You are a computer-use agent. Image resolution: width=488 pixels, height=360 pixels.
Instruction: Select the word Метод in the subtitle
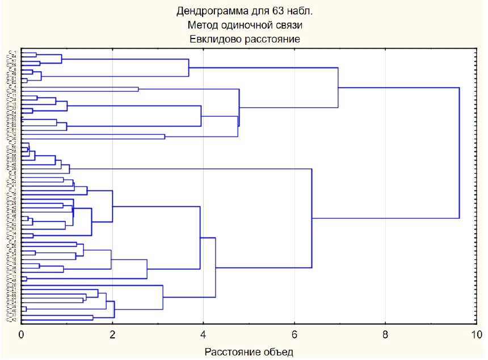point(203,25)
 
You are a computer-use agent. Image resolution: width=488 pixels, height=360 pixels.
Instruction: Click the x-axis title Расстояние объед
point(249,352)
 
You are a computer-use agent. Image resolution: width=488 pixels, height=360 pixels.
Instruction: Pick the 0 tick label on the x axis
point(22,334)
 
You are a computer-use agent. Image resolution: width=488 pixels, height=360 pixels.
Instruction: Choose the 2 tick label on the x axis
point(112,334)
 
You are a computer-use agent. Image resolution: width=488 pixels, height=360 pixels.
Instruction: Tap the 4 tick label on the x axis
point(203,334)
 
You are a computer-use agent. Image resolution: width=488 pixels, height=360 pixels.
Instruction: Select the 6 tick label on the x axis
point(295,334)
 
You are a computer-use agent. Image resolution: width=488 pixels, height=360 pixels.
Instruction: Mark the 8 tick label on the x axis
point(385,334)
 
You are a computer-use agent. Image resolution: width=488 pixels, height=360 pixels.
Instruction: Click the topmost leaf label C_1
point(12,52)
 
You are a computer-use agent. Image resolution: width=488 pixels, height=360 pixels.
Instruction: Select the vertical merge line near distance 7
point(338,88)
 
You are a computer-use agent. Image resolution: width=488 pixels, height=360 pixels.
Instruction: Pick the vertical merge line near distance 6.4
point(312,218)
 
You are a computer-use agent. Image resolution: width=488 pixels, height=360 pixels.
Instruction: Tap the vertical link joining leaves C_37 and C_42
point(93,318)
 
